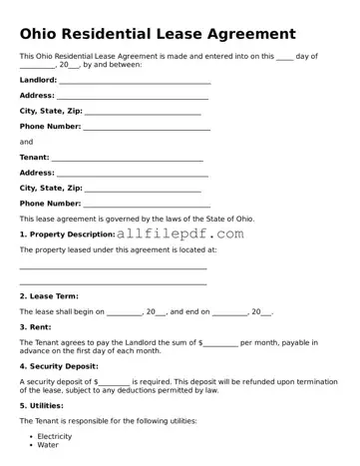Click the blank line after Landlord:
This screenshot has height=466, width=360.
click(135, 82)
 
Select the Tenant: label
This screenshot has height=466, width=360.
click(35, 157)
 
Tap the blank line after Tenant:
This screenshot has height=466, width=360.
click(127, 159)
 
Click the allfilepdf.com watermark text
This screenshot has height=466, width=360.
click(180, 233)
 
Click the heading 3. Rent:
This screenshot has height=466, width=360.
click(35, 326)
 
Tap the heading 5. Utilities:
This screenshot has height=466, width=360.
click(45, 406)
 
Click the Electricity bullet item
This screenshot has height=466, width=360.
click(55, 436)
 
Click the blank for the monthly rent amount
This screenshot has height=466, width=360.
click(220, 343)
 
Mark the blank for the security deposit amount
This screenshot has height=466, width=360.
click(115, 382)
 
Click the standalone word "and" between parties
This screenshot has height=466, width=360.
click(26, 142)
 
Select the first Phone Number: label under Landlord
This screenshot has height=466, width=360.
click(50, 127)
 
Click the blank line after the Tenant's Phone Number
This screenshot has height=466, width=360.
click(147, 205)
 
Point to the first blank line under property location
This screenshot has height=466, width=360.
click(113, 268)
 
